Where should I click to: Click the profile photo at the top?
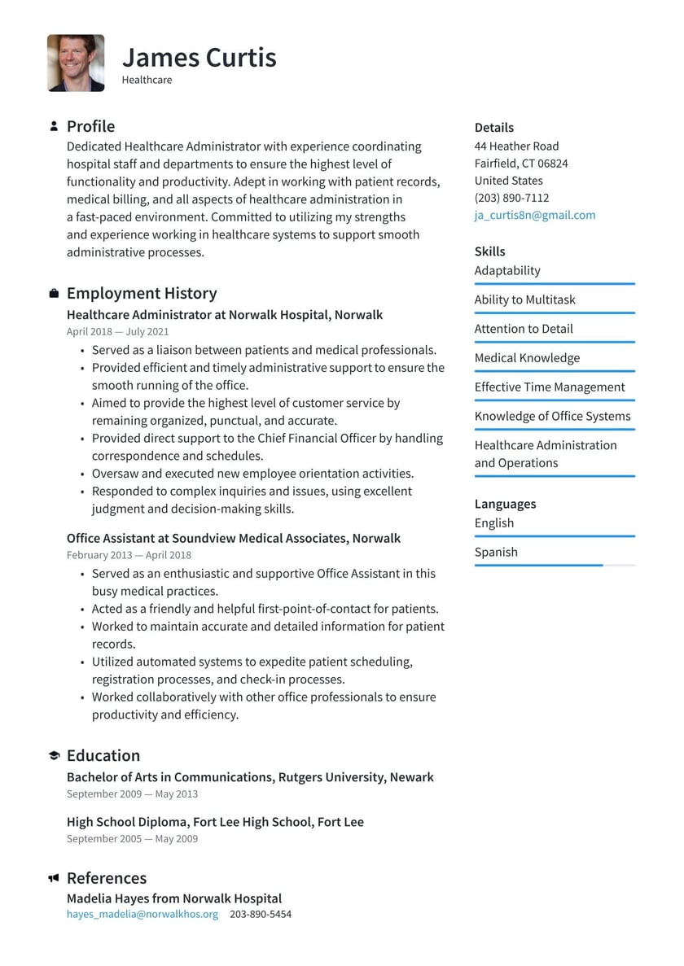(76, 63)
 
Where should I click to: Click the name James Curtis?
(199, 57)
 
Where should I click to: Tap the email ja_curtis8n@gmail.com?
(534, 215)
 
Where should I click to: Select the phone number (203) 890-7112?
(511, 198)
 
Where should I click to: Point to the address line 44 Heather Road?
(516, 146)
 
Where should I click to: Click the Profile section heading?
(90, 126)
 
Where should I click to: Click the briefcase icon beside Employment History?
(54, 293)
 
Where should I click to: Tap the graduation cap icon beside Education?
(54, 755)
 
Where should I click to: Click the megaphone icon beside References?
(54, 878)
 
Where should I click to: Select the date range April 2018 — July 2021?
(117, 331)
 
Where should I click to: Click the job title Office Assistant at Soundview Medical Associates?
(233, 538)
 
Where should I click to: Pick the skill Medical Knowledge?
(527, 358)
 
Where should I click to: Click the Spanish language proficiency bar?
(554, 565)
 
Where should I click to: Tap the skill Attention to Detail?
(524, 329)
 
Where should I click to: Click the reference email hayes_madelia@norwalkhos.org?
(142, 914)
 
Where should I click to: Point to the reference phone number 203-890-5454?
(260, 914)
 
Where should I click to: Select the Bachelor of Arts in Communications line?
(250, 777)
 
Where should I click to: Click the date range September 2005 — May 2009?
(132, 838)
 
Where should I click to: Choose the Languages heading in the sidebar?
(505, 504)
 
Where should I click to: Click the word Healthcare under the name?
(147, 80)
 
